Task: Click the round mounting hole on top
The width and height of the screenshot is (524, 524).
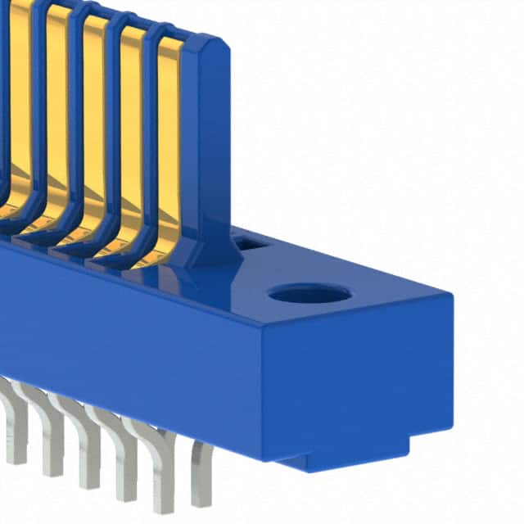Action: [309, 293]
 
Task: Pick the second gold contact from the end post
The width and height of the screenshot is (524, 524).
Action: [130, 131]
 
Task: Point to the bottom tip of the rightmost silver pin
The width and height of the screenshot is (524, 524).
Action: [200, 503]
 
